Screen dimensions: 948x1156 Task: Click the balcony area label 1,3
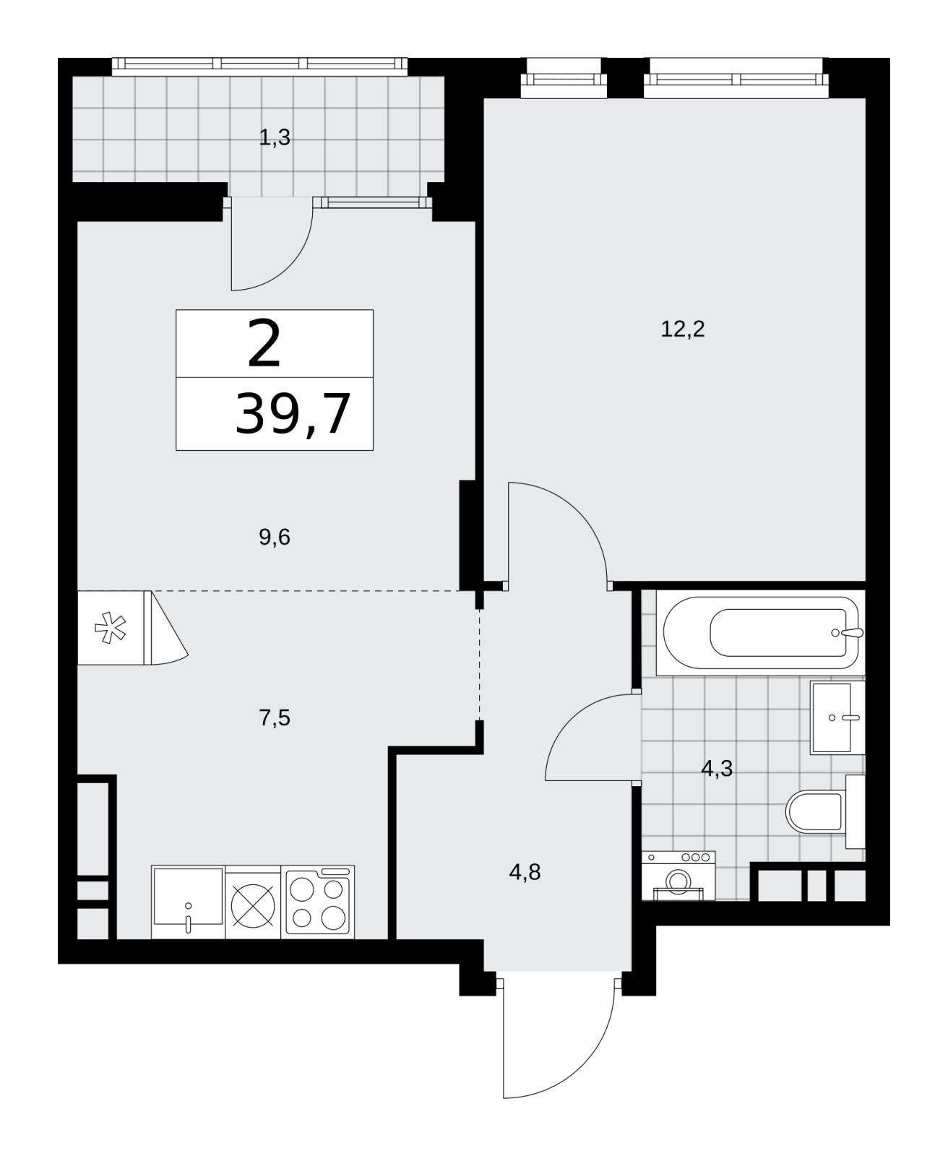click(274, 137)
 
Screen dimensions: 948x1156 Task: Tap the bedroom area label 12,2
click(682, 329)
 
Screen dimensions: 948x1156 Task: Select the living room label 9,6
click(274, 537)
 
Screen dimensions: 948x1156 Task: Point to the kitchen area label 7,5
click(274, 717)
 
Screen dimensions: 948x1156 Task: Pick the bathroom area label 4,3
click(717, 769)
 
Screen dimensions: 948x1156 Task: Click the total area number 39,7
click(292, 415)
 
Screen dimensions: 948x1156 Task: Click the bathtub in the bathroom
click(760, 632)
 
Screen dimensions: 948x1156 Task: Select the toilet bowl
click(825, 812)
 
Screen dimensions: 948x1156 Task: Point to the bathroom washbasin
click(837, 717)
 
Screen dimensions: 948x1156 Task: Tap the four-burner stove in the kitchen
click(317, 902)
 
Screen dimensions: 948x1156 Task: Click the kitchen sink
click(188, 902)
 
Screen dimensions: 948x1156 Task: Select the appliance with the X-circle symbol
click(253, 902)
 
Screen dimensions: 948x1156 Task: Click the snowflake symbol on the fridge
click(111, 628)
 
